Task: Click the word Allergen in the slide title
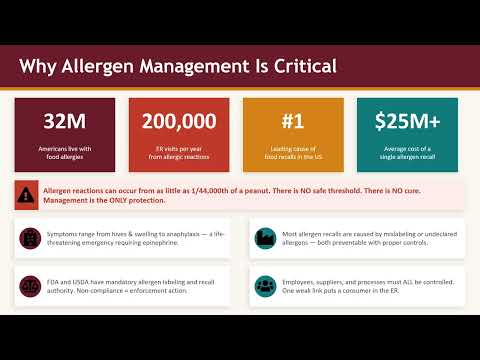[97, 67]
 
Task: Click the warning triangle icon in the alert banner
[29, 194]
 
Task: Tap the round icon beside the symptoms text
[30, 238]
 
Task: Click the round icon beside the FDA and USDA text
[30, 285]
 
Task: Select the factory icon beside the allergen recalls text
[264, 238]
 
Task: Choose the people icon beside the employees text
[264, 285]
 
